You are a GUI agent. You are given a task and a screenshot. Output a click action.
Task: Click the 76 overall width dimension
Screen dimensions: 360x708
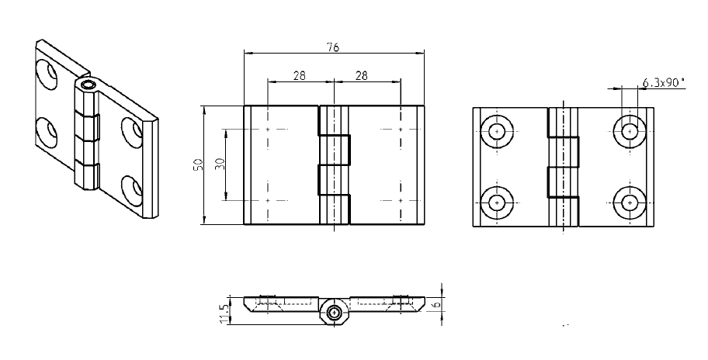point(332,47)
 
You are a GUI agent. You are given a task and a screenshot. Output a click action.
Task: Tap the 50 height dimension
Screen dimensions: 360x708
point(199,165)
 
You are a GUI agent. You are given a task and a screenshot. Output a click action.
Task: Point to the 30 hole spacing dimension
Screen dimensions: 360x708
point(220,165)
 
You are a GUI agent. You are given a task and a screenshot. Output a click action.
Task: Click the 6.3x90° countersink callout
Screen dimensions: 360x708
point(664,81)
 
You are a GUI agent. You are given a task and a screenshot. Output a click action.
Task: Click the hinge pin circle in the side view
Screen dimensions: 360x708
point(334,313)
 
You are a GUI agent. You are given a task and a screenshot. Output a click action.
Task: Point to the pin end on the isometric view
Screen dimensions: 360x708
point(88,83)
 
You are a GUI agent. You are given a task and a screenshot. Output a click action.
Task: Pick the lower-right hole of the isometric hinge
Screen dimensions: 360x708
point(131,189)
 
